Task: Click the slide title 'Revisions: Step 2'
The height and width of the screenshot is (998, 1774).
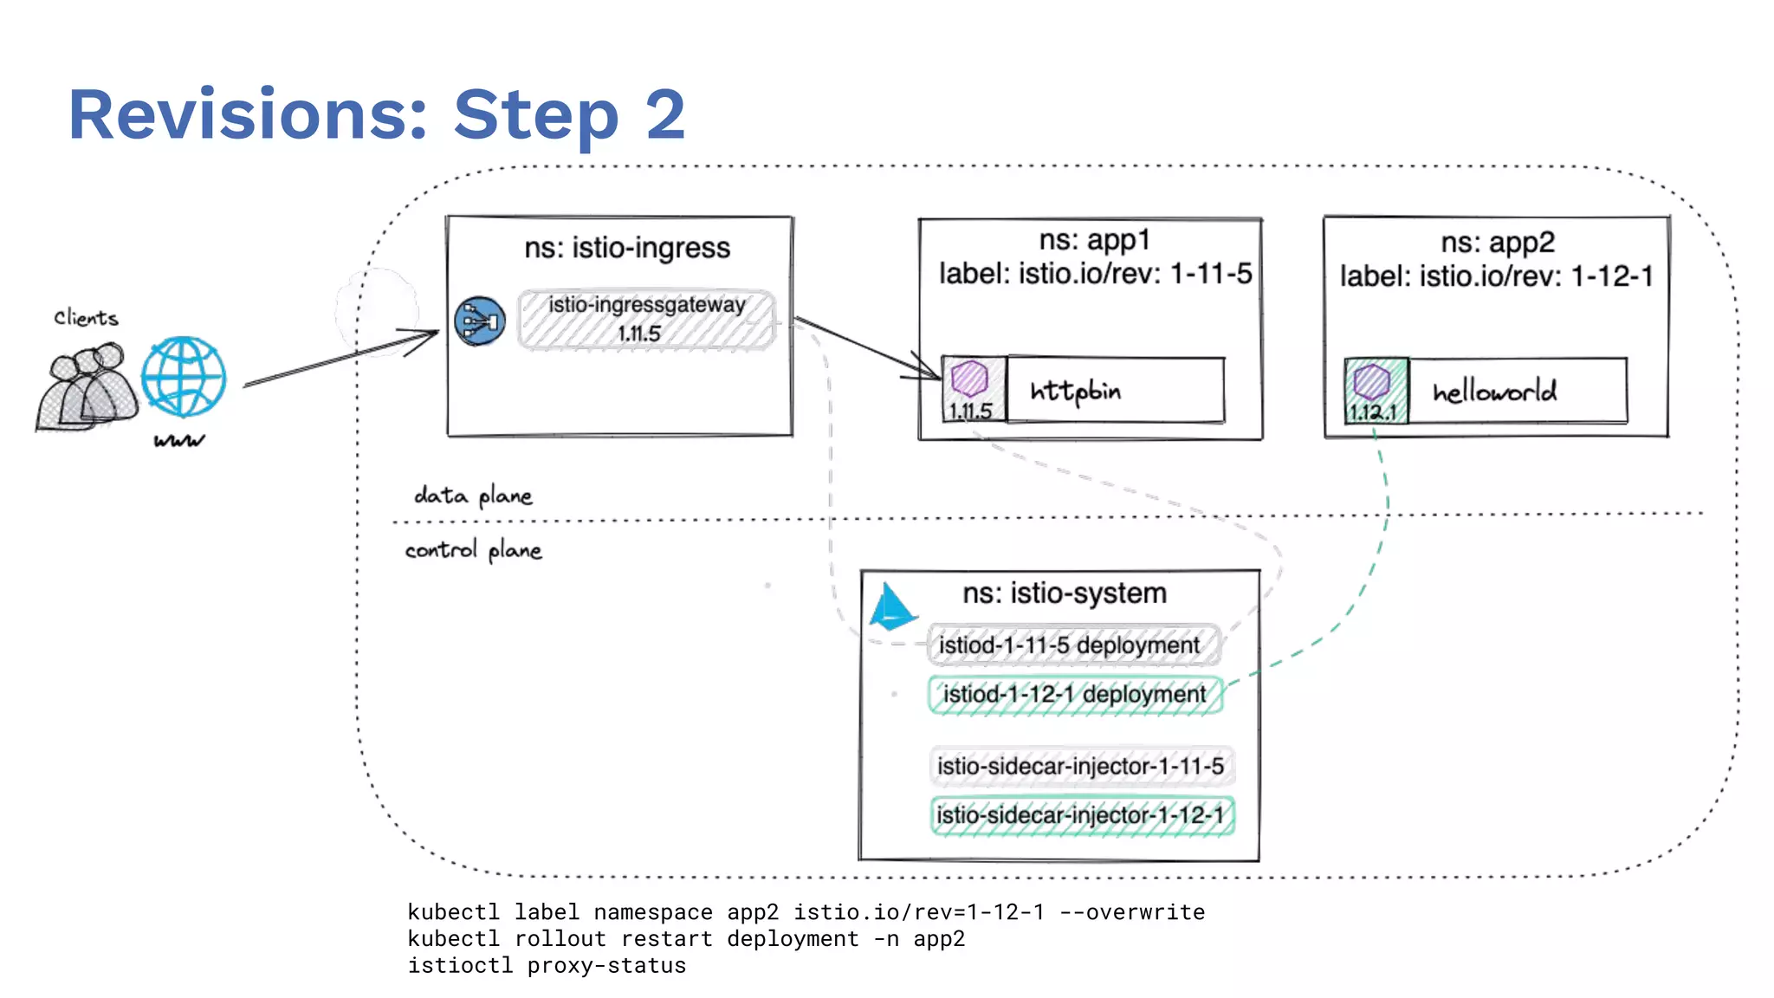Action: click(377, 114)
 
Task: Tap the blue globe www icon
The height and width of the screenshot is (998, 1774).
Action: click(184, 378)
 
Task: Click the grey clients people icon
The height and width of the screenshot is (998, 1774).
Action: click(87, 386)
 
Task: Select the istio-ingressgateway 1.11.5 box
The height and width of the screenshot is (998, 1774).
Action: click(646, 320)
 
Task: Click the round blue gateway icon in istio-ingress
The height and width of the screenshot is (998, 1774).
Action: click(480, 321)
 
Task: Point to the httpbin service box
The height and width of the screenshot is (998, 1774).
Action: click(1116, 391)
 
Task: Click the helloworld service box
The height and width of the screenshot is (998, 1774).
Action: click(1517, 392)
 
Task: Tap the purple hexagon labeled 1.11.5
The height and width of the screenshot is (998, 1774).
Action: click(970, 379)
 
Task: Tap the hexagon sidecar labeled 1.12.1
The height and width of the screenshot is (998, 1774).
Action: click(1372, 381)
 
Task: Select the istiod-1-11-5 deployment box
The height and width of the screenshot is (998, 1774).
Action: click(1072, 645)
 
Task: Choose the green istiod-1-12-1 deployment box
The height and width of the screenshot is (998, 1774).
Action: click(1075, 695)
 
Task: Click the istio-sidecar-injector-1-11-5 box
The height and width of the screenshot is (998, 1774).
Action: click(1081, 767)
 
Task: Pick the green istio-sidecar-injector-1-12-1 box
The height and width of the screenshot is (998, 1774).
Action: click(1081, 816)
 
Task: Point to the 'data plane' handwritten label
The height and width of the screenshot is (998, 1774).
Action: click(473, 496)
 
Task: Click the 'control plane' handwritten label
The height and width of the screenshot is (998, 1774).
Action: click(473, 550)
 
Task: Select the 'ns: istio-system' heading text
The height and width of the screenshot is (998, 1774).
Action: click(1065, 593)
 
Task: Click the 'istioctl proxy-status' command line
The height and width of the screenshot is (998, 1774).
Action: click(547, 966)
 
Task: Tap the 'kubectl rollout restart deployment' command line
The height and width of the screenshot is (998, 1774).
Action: click(686, 939)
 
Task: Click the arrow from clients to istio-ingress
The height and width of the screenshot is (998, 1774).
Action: click(338, 359)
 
